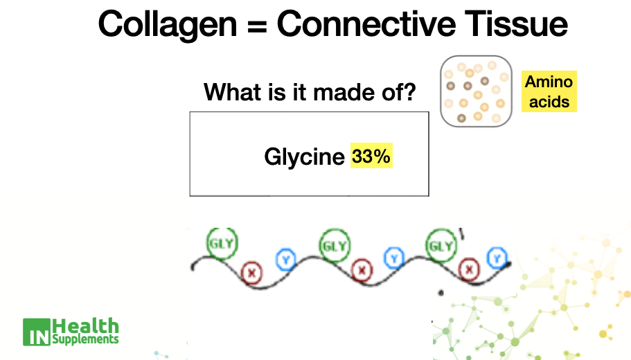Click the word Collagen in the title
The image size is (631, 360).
pos(168,25)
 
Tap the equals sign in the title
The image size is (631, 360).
pos(257,26)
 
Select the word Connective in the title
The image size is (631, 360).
pos(366,24)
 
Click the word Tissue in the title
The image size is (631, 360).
pos(516,24)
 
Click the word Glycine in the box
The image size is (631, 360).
pos(304,157)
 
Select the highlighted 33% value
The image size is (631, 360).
pos(371,156)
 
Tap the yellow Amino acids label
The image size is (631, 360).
pos(549,91)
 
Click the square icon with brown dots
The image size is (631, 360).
pos(476,91)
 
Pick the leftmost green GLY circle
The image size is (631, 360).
pos(222,243)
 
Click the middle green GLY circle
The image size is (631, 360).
pos(335,245)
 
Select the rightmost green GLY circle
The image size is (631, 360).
pos(441,245)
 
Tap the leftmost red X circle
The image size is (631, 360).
pos(252,273)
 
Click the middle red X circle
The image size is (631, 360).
pos(362,270)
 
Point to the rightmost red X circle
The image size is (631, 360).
pos(469,269)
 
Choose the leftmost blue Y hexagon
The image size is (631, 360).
pos(286,260)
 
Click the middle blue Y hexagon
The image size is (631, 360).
pos(394,258)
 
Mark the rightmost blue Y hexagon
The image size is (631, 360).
pos(497,258)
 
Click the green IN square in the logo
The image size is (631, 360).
pos(37,332)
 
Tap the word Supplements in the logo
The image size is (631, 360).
pos(85,339)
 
